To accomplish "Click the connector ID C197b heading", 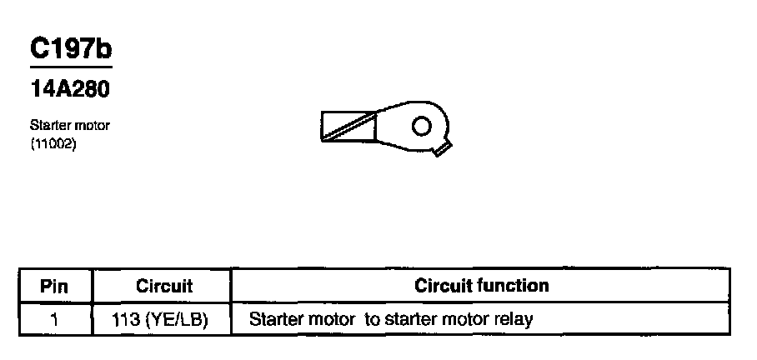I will (x=70, y=48).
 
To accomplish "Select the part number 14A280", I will (x=70, y=88).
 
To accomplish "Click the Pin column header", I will (x=54, y=286).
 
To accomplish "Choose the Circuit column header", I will (x=163, y=286).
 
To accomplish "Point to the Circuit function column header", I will (x=482, y=286).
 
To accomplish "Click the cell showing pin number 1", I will (x=54, y=318).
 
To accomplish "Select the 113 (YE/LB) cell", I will (x=159, y=318).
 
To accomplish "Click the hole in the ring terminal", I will (x=422, y=126).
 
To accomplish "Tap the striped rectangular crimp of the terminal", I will (x=348, y=127).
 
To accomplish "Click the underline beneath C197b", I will (x=70, y=66).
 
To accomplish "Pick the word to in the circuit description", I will (x=372, y=318).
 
